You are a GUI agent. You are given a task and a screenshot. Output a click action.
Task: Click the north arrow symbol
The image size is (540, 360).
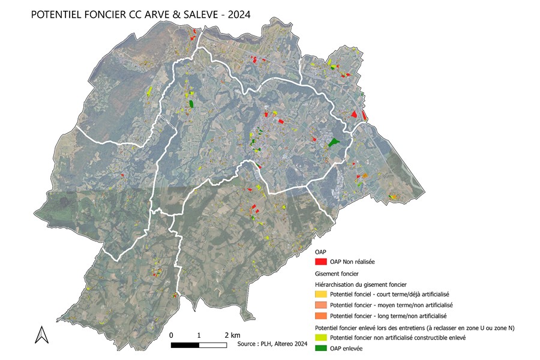[42, 334]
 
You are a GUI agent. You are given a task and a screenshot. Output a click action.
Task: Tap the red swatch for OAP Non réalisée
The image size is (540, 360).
[321, 262]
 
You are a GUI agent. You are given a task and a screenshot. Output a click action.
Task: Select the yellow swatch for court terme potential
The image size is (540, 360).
[321, 294]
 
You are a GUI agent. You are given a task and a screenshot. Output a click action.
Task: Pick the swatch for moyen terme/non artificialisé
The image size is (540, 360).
[321, 305]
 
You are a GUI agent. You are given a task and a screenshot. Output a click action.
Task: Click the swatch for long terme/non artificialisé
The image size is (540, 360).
[321, 316]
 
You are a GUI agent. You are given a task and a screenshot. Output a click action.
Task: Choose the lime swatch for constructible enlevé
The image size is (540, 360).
[321, 338]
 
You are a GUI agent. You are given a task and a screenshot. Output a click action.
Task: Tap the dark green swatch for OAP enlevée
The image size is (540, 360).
[321, 349]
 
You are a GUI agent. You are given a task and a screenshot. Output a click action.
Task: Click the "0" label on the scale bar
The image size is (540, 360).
[172, 334]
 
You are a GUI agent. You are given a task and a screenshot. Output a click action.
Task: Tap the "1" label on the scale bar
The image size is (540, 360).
[199, 334]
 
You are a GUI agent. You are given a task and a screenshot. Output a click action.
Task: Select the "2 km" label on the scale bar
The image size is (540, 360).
[232, 334]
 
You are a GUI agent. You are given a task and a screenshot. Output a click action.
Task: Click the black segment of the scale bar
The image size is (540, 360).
[185, 345]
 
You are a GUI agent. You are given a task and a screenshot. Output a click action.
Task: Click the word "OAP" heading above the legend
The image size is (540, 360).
[321, 252]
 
